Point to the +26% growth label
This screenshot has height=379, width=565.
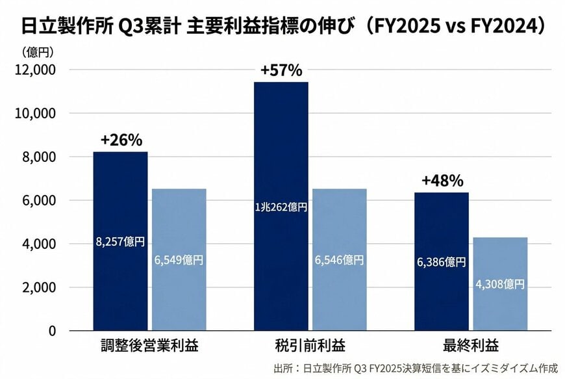(x=121, y=140)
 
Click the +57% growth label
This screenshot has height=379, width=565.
(x=281, y=70)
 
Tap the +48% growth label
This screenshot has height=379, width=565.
(x=442, y=181)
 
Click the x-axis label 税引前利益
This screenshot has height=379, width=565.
(x=310, y=345)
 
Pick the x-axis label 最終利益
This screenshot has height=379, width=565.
(x=470, y=345)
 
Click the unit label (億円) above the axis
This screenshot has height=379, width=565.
(x=37, y=51)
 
